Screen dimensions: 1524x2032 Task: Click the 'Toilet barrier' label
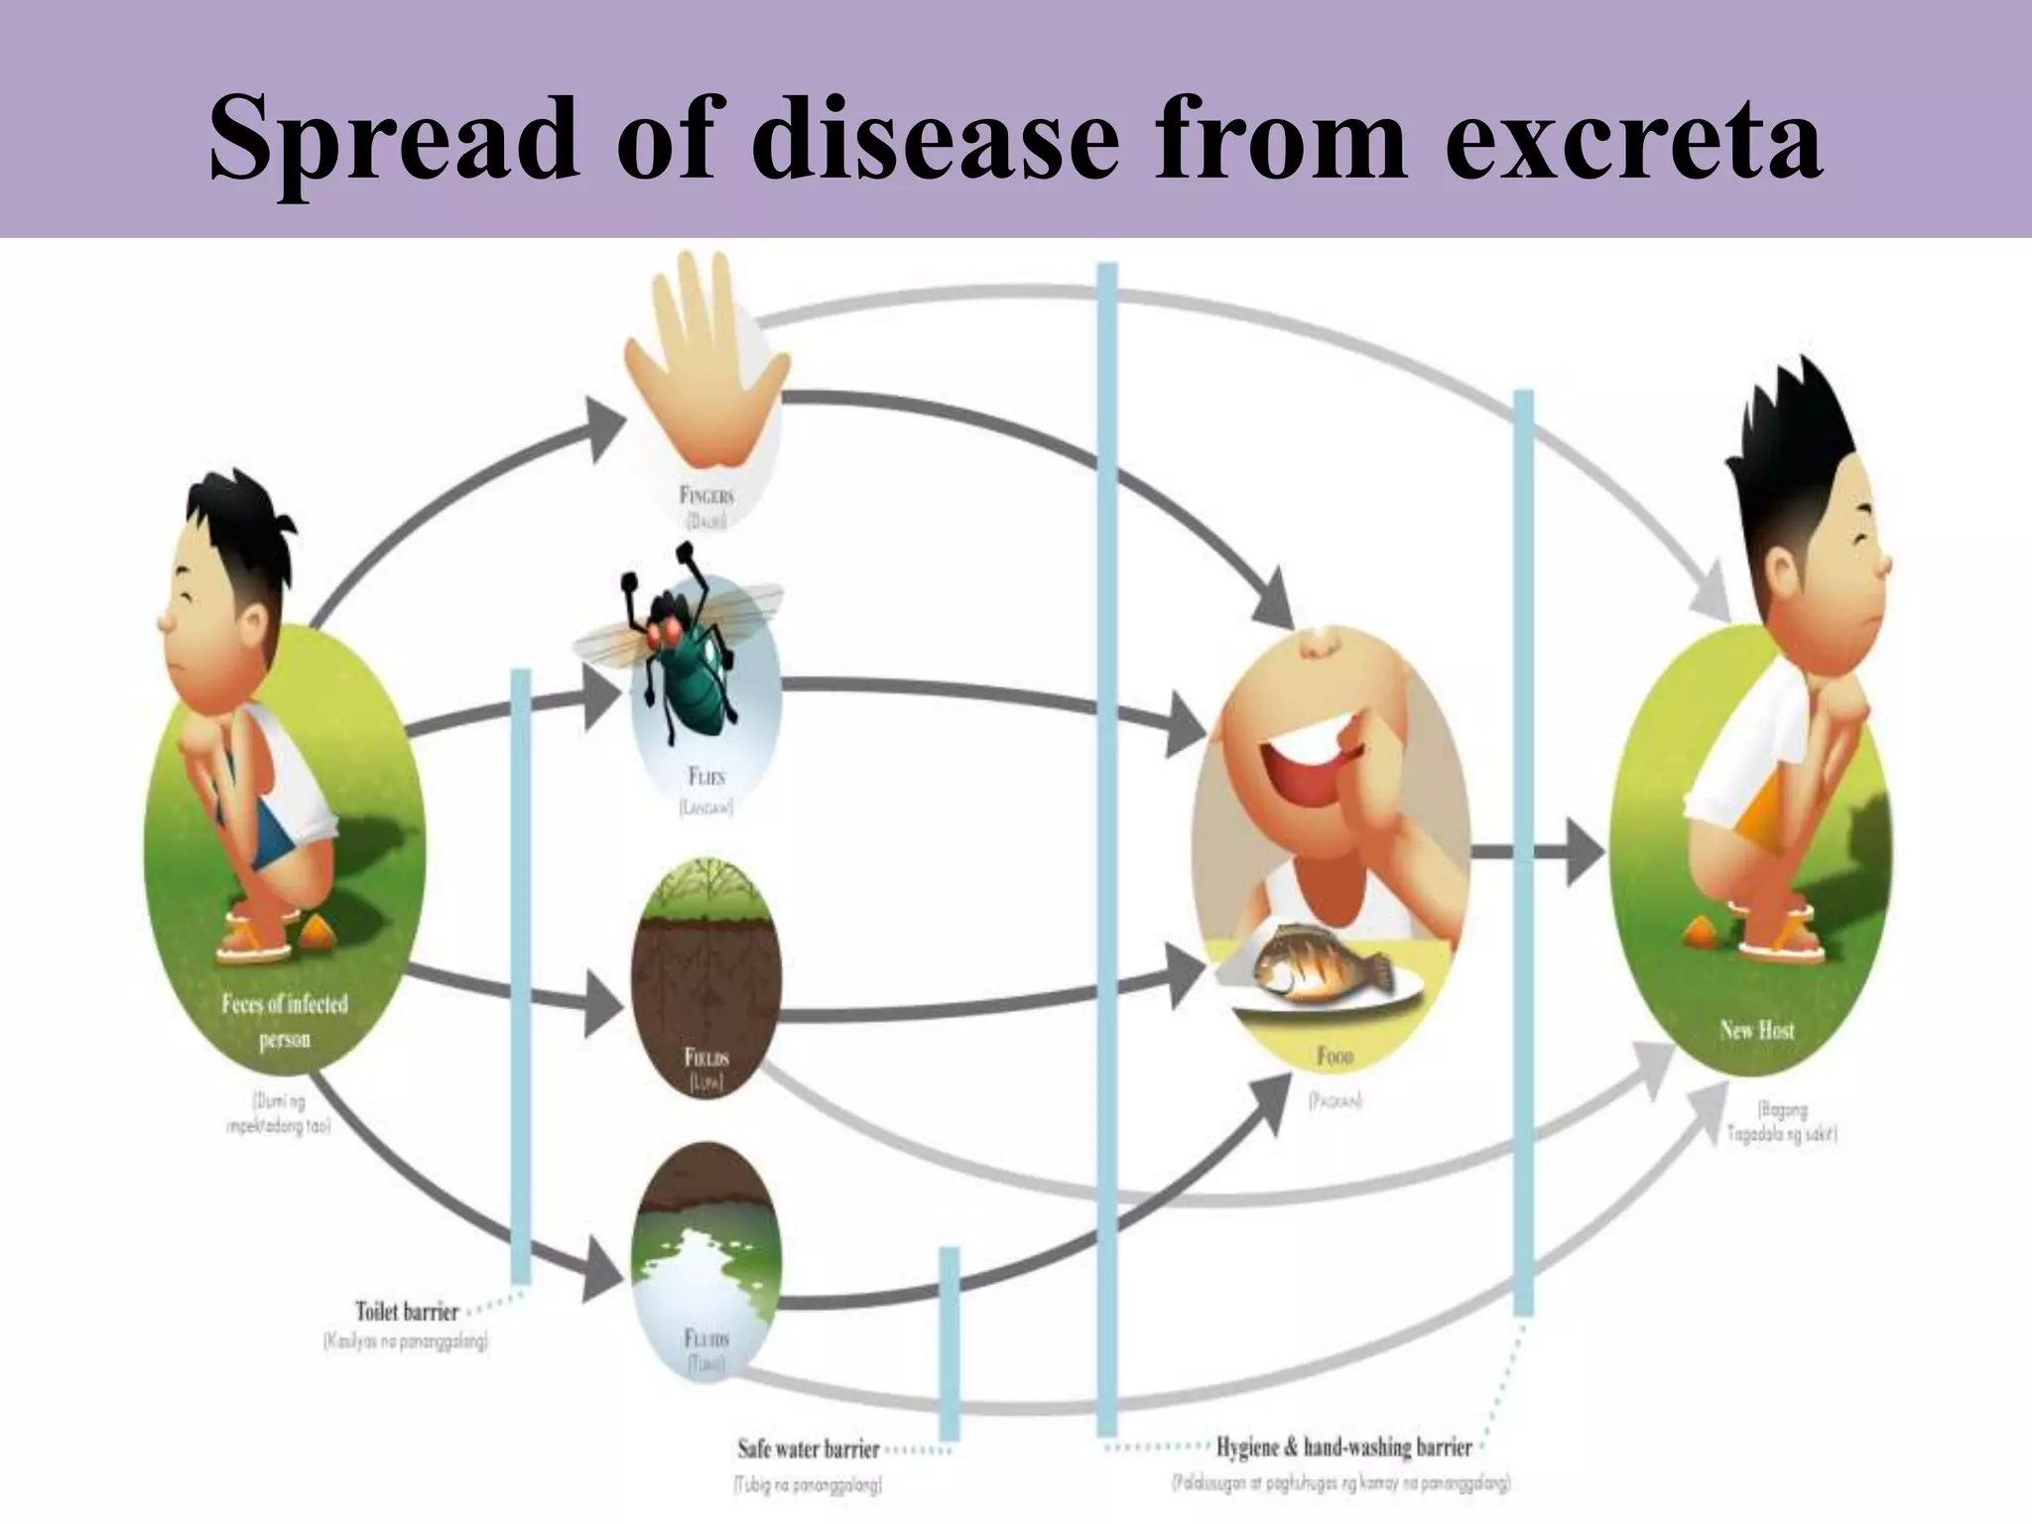[x=407, y=1312]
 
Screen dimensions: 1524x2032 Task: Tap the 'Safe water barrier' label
[x=809, y=1449]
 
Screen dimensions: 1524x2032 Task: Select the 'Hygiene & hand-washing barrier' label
[x=1343, y=1447]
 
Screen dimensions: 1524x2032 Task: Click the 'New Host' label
[x=1756, y=1030]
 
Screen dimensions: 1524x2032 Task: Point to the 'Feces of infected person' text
[x=285, y=1021]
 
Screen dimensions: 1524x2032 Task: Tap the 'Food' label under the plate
[x=1334, y=1057]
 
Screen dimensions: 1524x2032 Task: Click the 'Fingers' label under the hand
[x=706, y=496]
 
